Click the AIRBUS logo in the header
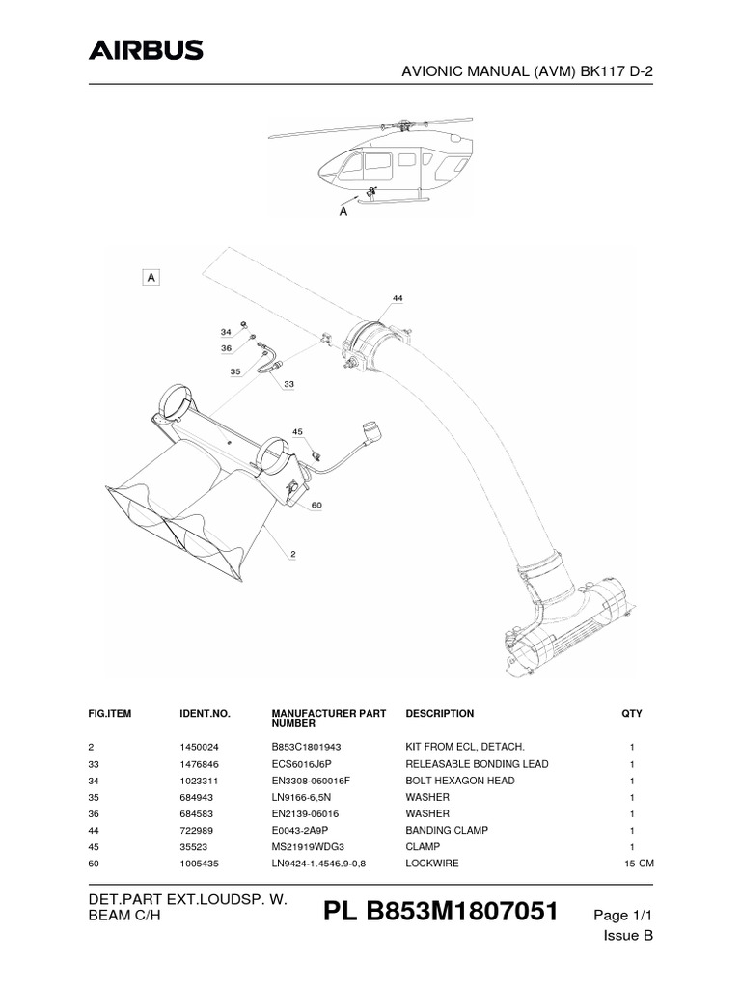(147, 50)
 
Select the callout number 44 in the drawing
(398, 297)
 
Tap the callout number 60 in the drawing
(316, 504)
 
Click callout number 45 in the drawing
(297, 431)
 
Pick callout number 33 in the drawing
(288, 383)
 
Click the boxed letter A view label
(151, 277)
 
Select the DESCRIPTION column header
(440, 714)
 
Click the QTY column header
(632, 714)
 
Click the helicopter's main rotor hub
(397, 124)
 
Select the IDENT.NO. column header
(206, 714)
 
